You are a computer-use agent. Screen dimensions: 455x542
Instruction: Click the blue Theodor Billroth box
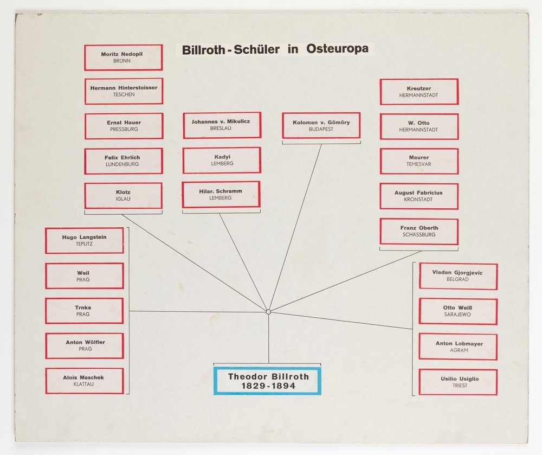click(x=267, y=381)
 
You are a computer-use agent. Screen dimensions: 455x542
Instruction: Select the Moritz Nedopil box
click(x=123, y=57)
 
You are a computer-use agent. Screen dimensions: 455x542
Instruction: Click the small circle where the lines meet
click(x=268, y=312)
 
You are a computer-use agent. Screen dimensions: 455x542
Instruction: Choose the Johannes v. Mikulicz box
click(x=222, y=125)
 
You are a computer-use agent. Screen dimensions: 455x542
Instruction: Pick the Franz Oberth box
click(x=419, y=231)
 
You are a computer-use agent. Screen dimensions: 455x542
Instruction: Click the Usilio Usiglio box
click(x=458, y=382)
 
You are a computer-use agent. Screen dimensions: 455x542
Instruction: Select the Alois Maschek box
click(x=84, y=381)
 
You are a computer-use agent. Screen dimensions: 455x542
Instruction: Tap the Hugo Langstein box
click(x=84, y=240)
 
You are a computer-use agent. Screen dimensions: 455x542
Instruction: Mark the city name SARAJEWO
click(x=458, y=315)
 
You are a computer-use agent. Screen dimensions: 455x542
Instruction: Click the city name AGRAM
click(x=458, y=350)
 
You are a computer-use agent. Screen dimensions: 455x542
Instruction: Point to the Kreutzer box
click(x=419, y=92)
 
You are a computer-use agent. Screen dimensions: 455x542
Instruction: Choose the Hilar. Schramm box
click(x=221, y=195)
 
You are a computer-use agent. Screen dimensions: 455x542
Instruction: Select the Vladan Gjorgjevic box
click(x=458, y=276)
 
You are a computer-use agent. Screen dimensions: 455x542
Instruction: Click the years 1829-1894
click(x=267, y=386)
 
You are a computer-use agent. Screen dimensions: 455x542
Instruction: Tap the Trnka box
click(x=84, y=311)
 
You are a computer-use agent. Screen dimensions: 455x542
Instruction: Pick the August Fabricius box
click(x=419, y=196)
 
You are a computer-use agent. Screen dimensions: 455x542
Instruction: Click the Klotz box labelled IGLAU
click(x=123, y=195)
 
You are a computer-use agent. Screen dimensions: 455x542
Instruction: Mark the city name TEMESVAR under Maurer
click(x=419, y=164)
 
